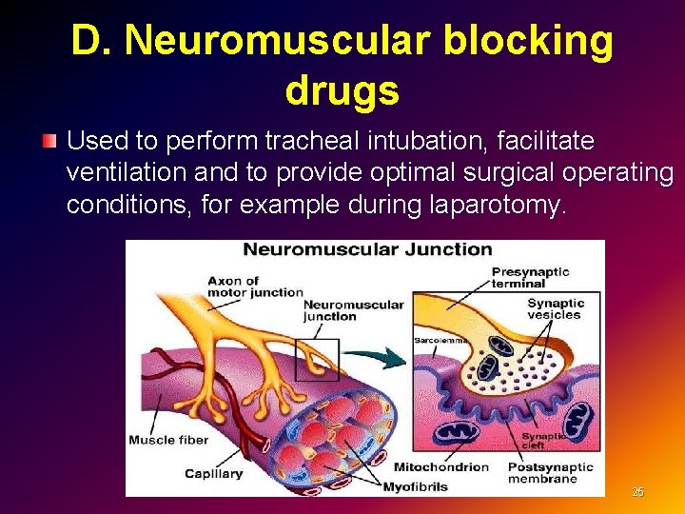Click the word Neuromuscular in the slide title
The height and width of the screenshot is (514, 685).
click(x=287, y=41)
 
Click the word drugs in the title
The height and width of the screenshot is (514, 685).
click(x=342, y=90)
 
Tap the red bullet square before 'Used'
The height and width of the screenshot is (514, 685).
click(x=49, y=142)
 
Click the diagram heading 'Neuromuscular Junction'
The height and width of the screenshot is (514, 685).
click(x=367, y=250)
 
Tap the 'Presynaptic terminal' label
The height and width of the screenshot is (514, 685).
click(x=530, y=277)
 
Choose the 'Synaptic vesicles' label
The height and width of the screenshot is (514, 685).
click(x=556, y=308)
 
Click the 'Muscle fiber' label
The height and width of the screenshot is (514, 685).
click(x=166, y=440)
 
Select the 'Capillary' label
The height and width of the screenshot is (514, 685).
click(x=213, y=473)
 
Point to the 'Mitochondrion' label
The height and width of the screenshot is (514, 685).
click(x=440, y=467)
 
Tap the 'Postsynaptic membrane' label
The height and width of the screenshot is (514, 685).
click(x=549, y=473)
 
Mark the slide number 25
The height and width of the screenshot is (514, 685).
click(x=637, y=492)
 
